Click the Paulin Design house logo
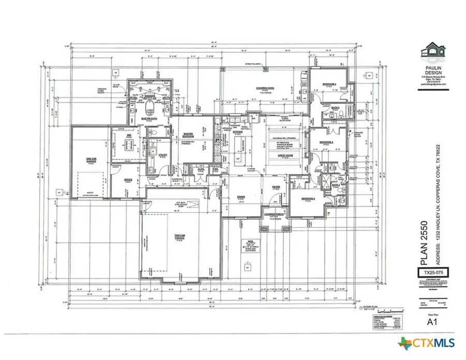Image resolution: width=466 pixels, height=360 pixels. click(433, 52)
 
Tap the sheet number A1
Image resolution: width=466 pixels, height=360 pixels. click(432, 321)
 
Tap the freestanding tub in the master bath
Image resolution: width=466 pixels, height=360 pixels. click(151, 109)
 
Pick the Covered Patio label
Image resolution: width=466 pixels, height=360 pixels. click(265, 89)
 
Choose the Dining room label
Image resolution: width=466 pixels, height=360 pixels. click(241, 197)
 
